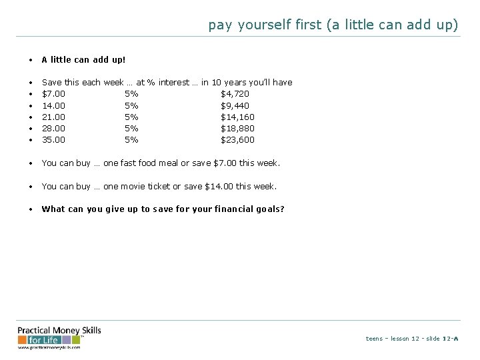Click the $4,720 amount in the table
[x=235, y=94]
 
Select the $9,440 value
[x=235, y=105]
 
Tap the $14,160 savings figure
[x=237, y=117]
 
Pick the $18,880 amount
[x=237, y=128]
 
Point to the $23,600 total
[x=237, y=139]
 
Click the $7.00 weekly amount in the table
[x=53, y=94]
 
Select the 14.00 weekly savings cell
[x=53, y=105]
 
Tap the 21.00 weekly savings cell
[x=53, y=117]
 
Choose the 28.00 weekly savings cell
[x=53, y=128]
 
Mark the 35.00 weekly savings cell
[x=53, y=139]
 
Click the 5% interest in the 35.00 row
[x=131, y=139]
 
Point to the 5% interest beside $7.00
[x=131, y=94]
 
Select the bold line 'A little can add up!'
[x=83, y=59]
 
